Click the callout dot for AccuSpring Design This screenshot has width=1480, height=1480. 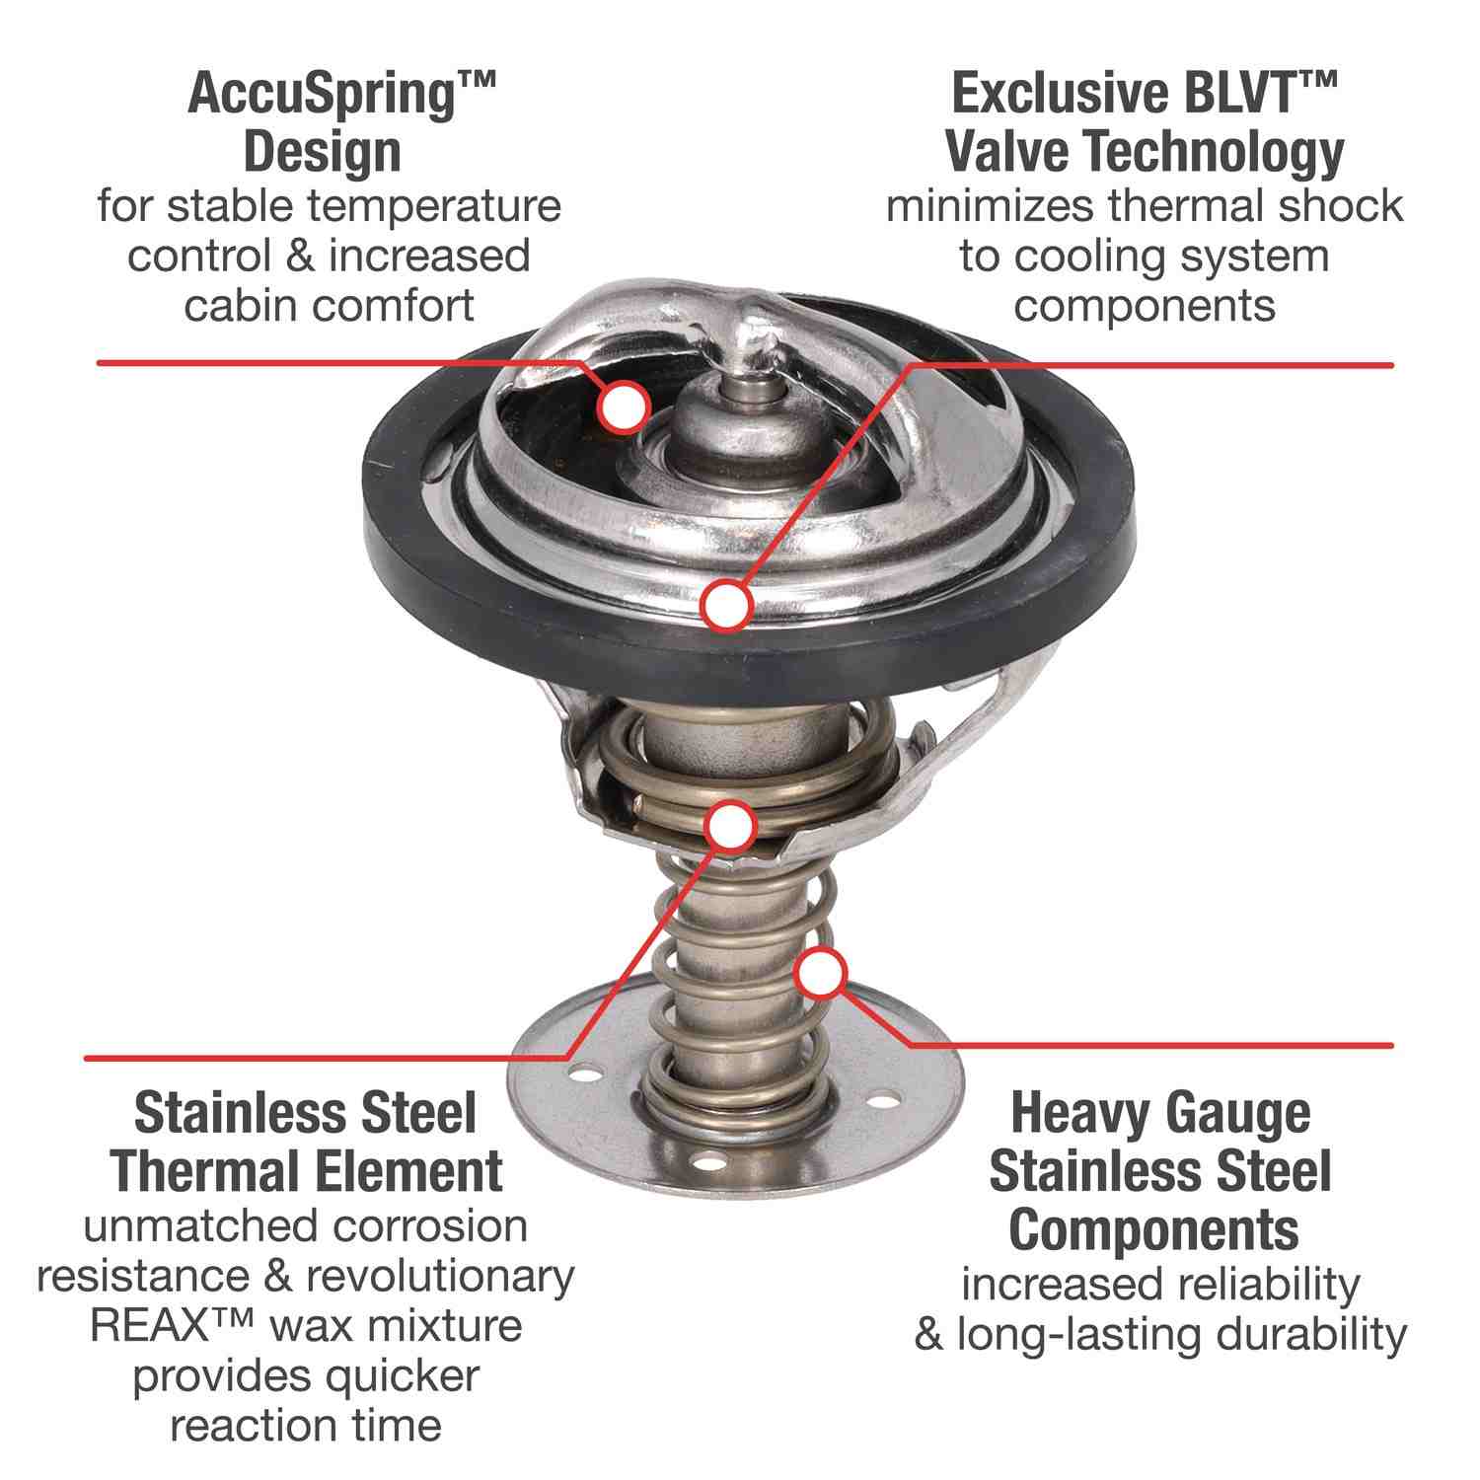pos(623,406)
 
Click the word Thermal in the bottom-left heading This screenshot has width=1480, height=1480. pos(190,1171)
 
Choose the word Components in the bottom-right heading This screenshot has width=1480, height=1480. pos(1153,1230)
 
